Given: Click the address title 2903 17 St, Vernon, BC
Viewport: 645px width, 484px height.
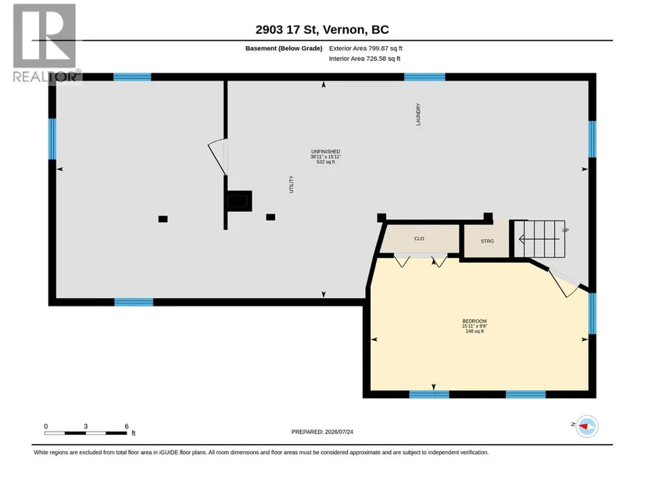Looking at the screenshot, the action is coord(322,30).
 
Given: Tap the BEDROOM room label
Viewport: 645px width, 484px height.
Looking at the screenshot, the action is coord(475,321).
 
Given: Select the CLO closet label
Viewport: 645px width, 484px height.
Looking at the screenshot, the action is coord(419,238).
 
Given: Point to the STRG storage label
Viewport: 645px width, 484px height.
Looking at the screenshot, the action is coord(487,241).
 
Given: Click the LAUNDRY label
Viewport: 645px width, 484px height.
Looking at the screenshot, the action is coord(418,114).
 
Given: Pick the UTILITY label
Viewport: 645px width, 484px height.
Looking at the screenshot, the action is coord(292,185).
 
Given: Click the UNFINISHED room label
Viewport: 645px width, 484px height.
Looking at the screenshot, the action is coord(325,152).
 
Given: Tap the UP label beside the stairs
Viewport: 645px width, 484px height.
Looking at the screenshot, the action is coord(565,231).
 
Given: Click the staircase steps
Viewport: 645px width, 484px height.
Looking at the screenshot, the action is coord(539,239).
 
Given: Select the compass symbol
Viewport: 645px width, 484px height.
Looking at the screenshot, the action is coord(586,426).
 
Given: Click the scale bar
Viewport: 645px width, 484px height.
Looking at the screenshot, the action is coord(85,433).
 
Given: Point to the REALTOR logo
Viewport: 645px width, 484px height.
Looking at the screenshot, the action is coord(45,43).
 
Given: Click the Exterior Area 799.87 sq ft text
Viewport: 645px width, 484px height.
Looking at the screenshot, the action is coord(366,48).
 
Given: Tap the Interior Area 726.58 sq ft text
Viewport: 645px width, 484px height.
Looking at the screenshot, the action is coord(364,59).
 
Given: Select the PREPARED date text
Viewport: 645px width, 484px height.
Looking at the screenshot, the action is coord(322,432).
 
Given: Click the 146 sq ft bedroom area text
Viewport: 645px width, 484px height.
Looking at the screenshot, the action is coord(475,331).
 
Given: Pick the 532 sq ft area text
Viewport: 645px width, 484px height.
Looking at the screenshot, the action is coord(325,162).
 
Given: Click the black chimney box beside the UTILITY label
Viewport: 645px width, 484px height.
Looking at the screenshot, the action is coord(239,201).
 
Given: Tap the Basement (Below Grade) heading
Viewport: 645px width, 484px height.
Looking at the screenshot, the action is coord(284,48).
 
